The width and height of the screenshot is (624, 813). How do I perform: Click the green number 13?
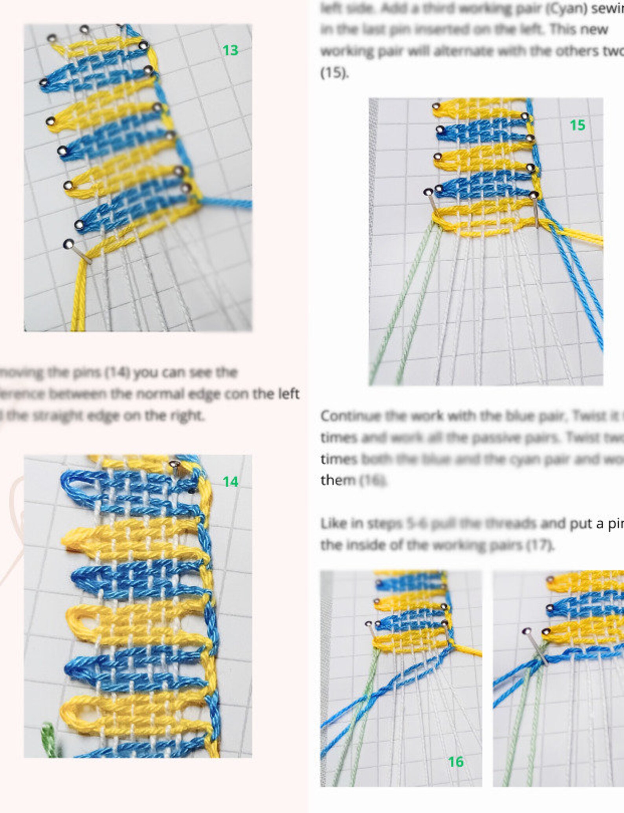pos(230,50)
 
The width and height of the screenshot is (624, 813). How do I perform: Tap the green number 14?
pos(230,481)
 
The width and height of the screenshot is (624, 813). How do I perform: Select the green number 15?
pos(577,125)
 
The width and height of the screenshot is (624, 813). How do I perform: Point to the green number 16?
pos(456,762)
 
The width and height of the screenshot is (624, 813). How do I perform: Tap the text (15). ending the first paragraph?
pos(334,73)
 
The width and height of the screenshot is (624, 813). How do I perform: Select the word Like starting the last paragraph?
pos(331,523)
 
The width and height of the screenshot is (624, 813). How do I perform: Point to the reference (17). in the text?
pos(540,544)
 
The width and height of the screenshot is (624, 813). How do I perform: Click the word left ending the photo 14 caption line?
pos(289,393)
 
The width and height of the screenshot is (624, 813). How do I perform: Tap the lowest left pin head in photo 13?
pos(68,244)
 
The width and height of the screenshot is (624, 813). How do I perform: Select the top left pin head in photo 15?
pos(436,106)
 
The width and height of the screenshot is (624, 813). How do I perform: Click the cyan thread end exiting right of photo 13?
pos(240,203)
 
